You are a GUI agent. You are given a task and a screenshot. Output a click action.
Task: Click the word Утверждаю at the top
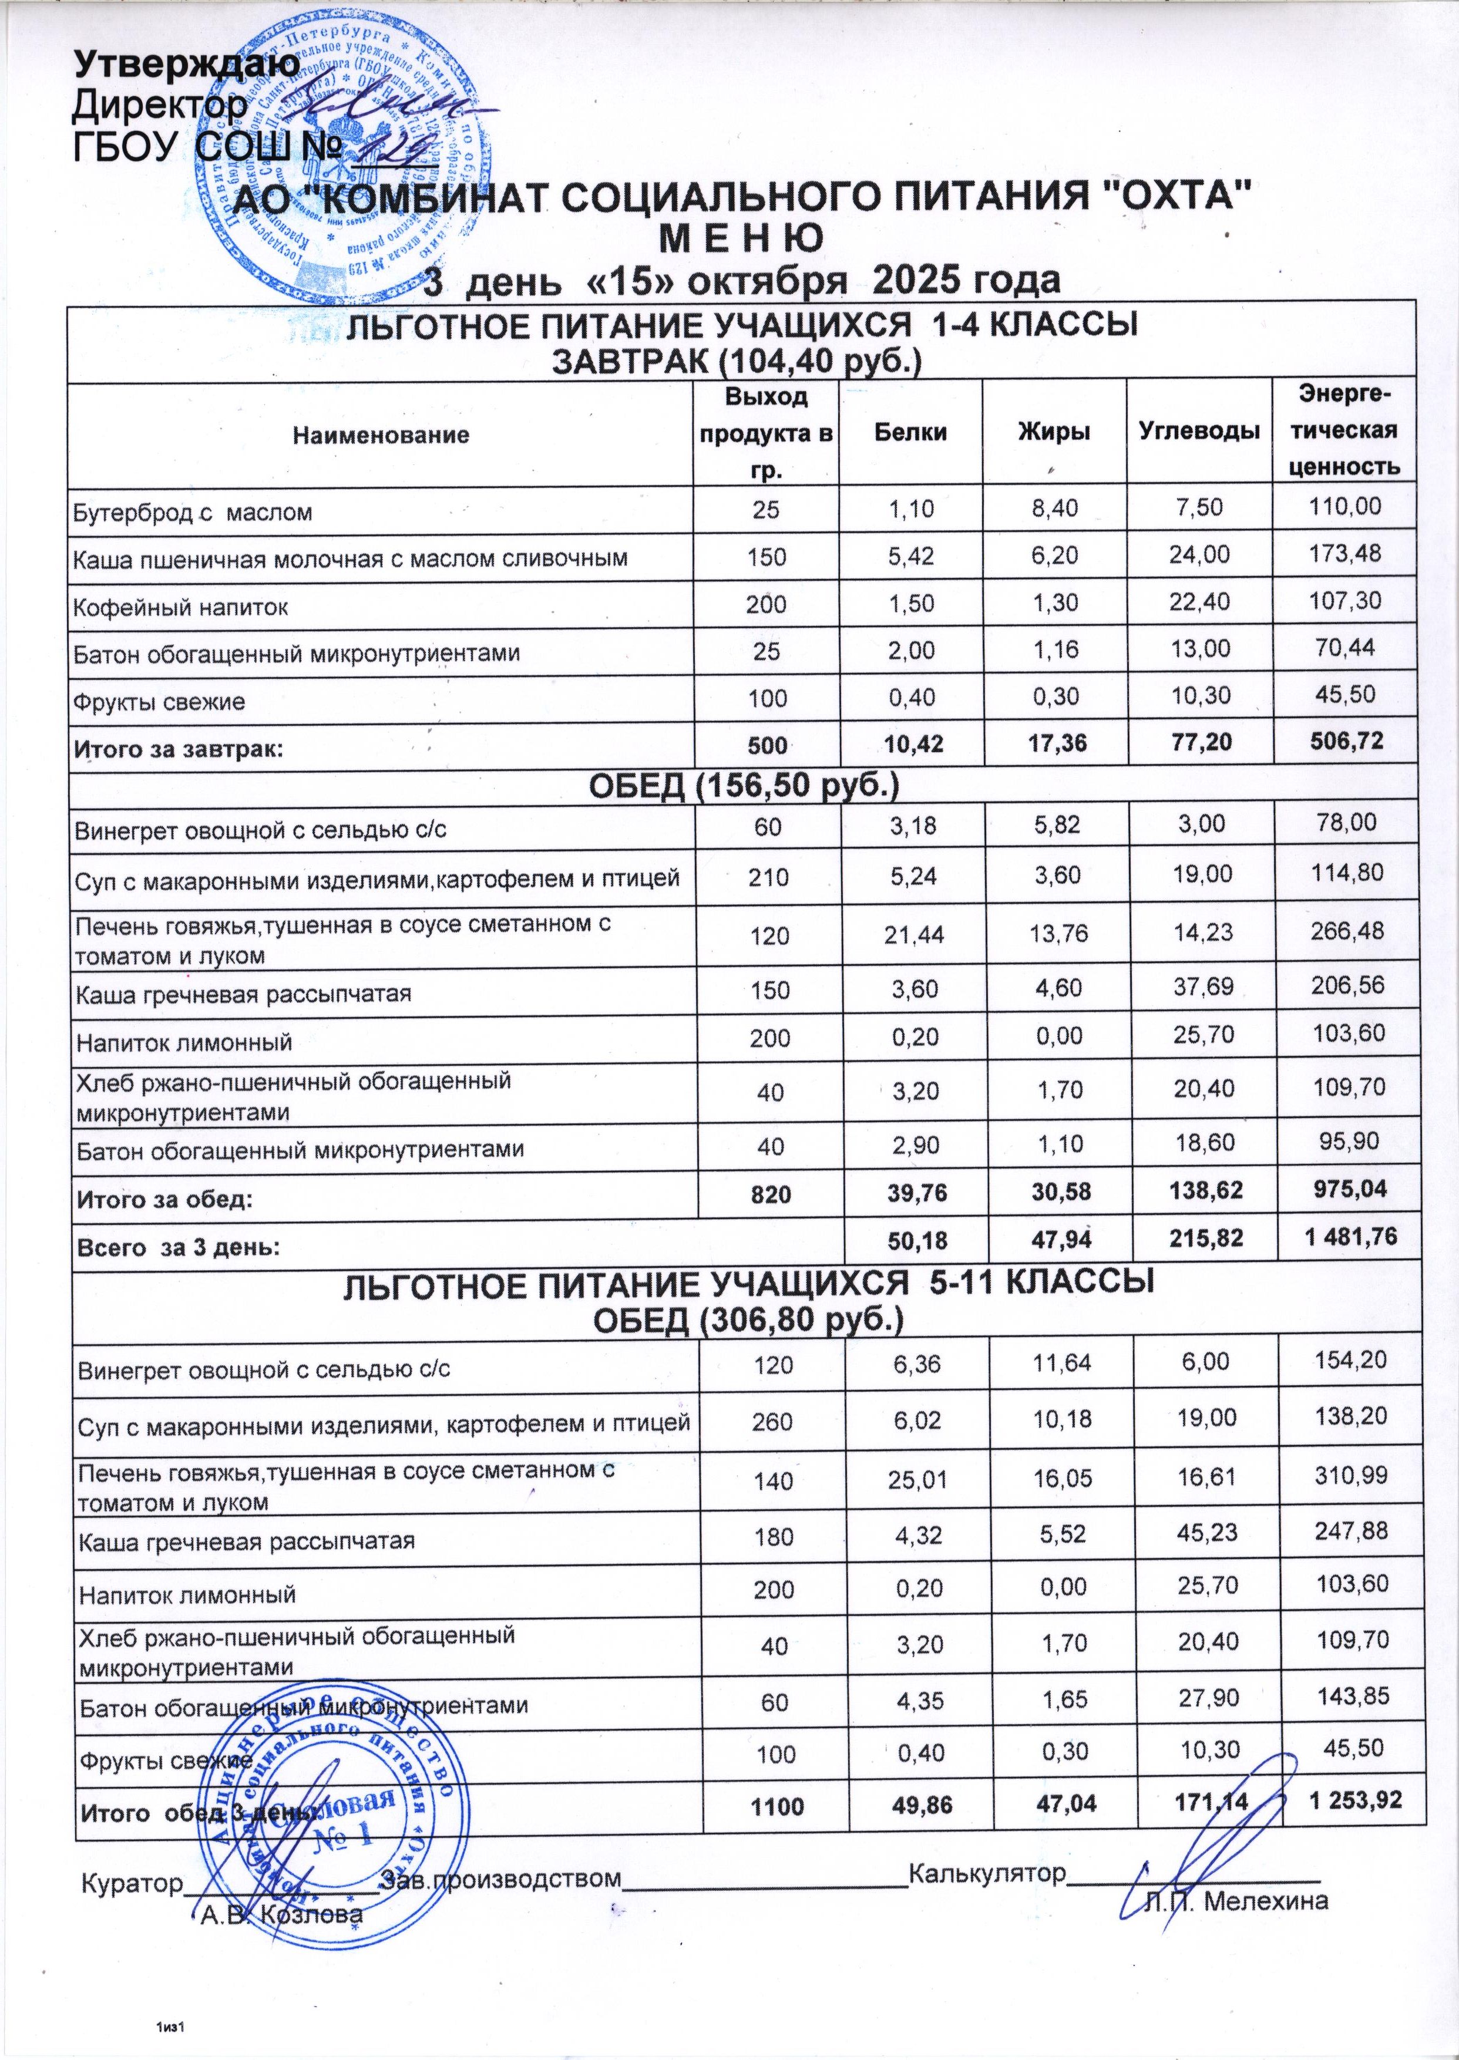tap(186, 64)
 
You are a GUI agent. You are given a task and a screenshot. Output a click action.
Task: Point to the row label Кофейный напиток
tap(180, 608)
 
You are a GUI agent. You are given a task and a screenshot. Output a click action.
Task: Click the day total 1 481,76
tap(1342, 1237)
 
